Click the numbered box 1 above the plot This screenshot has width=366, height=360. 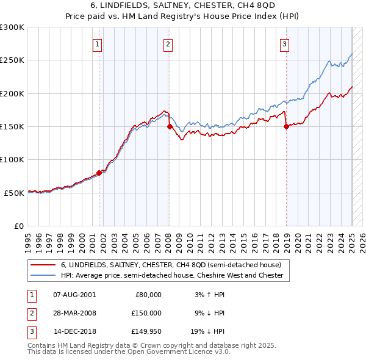tap(98, 43)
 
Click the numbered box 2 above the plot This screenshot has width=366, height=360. tap(168, 43)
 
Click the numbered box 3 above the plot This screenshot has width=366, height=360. tap(284, 43)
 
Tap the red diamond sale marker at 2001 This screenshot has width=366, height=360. tap(99, 173)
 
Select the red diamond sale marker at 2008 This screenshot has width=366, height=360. tap(170, 126)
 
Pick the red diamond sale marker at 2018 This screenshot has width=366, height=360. tap(286, 127)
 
